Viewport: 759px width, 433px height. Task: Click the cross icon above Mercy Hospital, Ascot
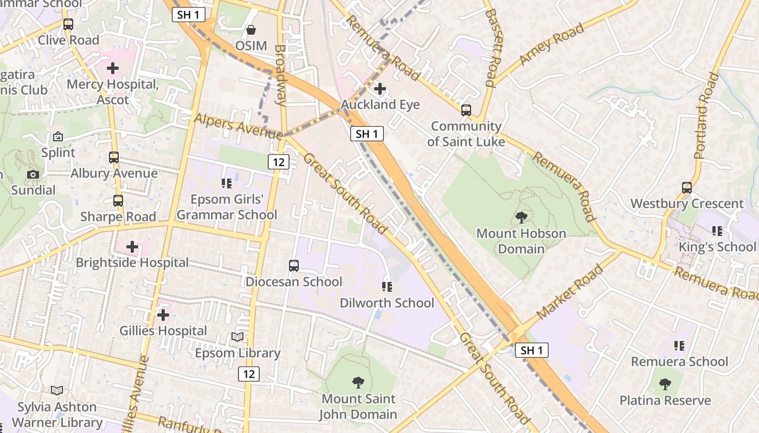click(113, 69)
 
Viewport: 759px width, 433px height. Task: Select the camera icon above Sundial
click(33, 174)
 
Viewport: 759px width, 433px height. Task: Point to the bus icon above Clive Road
click(68, 24)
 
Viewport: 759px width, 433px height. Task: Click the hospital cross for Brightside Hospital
click(132, 247)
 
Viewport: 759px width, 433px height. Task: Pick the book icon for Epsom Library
click(237, 337)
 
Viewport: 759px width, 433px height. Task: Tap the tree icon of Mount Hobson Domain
click(521, 218)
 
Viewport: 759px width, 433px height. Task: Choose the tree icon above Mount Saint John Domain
click(358, 383)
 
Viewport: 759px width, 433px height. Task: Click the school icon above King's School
click(717, 231)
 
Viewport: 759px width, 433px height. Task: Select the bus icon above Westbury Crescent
click(687, 188)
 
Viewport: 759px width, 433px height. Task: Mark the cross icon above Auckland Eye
click(380, 89)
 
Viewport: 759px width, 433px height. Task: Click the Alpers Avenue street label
click(237, 125)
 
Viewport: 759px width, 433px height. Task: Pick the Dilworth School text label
click(387, 303)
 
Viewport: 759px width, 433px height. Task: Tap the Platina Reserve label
click(665, 401)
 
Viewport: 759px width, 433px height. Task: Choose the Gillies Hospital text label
click(163, 331)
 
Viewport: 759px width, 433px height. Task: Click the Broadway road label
click(280, 75)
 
